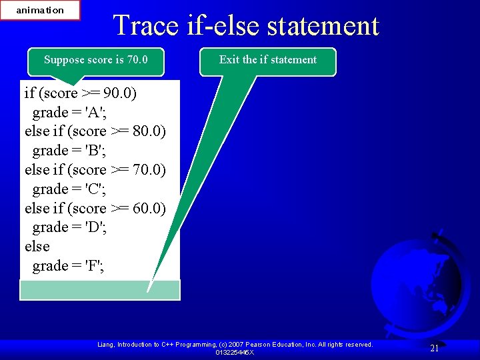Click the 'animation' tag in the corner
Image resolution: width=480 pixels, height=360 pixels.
point(40,10)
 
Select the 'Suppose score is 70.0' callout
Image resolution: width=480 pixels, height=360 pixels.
point(95,60)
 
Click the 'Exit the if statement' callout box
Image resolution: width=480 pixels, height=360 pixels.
point(268,60)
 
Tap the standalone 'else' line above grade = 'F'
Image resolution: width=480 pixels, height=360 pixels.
point(37,247)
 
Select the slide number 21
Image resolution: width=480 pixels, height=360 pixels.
point(434,348)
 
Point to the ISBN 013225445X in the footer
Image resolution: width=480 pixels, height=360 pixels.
point(234,352)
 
